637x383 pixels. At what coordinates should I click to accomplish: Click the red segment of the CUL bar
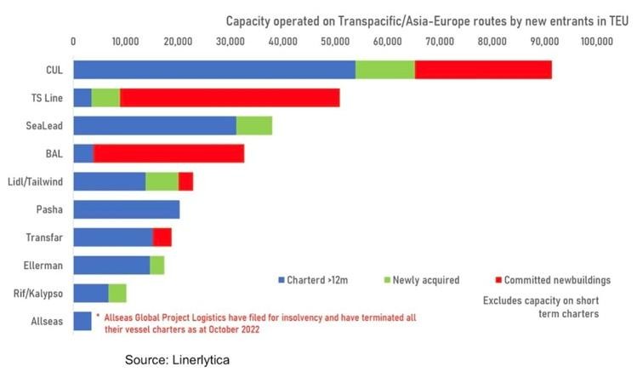[483, 70]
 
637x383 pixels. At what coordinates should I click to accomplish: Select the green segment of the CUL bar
[385, 70]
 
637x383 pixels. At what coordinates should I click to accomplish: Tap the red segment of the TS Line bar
[230, 97]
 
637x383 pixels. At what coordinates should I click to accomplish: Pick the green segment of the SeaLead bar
[254, 125]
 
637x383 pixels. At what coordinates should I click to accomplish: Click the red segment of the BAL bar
[168, 153]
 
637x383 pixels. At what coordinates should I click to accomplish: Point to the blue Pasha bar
[127, 209]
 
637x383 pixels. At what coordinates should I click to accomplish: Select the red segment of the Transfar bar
[162, 237]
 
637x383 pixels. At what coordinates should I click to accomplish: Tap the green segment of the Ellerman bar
[157, 266]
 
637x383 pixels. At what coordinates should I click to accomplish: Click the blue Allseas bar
[82, 321]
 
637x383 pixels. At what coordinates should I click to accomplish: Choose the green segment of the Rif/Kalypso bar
[117, 293]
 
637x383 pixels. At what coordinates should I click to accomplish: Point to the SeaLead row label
[43, 125]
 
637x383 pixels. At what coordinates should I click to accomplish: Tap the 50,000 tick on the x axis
[336, 40]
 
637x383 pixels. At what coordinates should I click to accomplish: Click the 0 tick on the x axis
[74, 40]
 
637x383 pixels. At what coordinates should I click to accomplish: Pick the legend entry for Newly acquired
[423, 279]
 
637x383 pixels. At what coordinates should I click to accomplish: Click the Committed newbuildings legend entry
[557, 279]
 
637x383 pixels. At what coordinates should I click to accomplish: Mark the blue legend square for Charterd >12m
[280, 279]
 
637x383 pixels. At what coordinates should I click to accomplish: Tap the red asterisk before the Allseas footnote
[98, 316]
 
